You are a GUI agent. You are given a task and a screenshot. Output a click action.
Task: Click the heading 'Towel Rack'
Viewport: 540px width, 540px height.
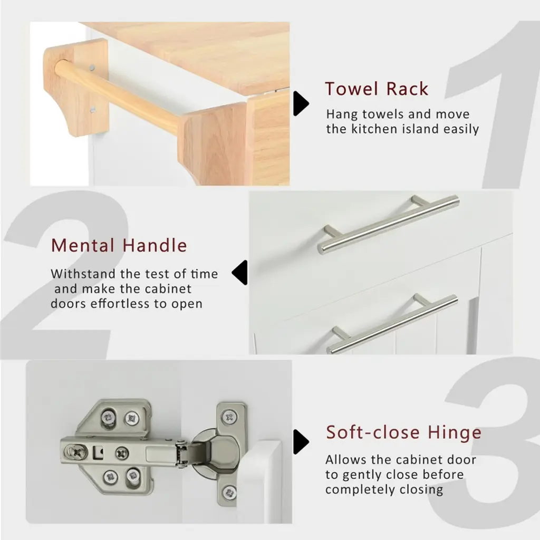(377, 89)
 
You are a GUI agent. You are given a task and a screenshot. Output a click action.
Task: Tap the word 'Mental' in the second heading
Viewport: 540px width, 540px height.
(83, 246)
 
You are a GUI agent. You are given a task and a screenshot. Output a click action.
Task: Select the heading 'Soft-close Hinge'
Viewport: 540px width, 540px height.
(403, 432)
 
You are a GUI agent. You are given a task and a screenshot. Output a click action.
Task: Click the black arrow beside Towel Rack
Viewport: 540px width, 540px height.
(301, 103)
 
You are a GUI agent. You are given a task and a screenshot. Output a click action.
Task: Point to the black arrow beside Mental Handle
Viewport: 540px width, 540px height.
(240, 273)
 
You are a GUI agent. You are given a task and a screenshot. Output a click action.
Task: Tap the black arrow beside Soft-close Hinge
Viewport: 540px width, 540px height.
(301, 442)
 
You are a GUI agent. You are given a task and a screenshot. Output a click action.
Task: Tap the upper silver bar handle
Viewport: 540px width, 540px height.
(388, 225)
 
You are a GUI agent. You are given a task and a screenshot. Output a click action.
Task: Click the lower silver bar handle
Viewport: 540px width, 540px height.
(392, 324)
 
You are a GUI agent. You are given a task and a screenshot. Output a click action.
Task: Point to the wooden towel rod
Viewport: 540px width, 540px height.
(117, 96)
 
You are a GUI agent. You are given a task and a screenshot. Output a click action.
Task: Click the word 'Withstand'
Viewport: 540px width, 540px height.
(83, 274)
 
